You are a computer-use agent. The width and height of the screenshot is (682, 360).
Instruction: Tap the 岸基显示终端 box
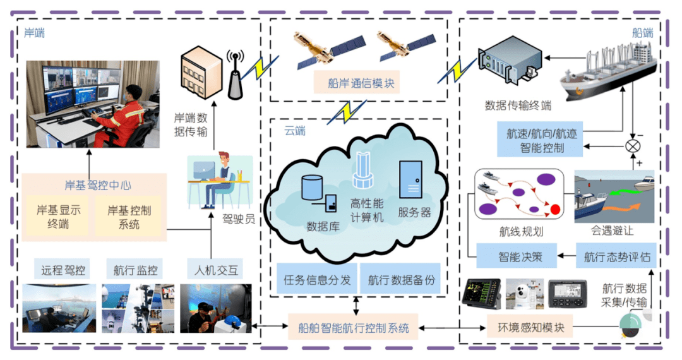[58, 217]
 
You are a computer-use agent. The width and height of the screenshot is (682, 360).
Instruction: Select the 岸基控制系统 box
[129, 217]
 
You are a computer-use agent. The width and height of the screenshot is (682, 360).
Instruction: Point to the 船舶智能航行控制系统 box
[354, 328]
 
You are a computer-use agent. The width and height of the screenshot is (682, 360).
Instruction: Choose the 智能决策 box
[517, 257]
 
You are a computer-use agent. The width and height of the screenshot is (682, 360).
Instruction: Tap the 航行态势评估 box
[616, 257]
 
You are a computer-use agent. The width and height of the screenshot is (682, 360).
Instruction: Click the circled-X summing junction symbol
[631, 146]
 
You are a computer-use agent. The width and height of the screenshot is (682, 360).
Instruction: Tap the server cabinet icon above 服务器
[410, 181]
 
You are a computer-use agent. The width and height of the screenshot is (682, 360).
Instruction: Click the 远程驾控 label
[63, 270]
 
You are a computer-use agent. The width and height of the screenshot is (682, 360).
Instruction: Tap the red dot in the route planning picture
[556, 209]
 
